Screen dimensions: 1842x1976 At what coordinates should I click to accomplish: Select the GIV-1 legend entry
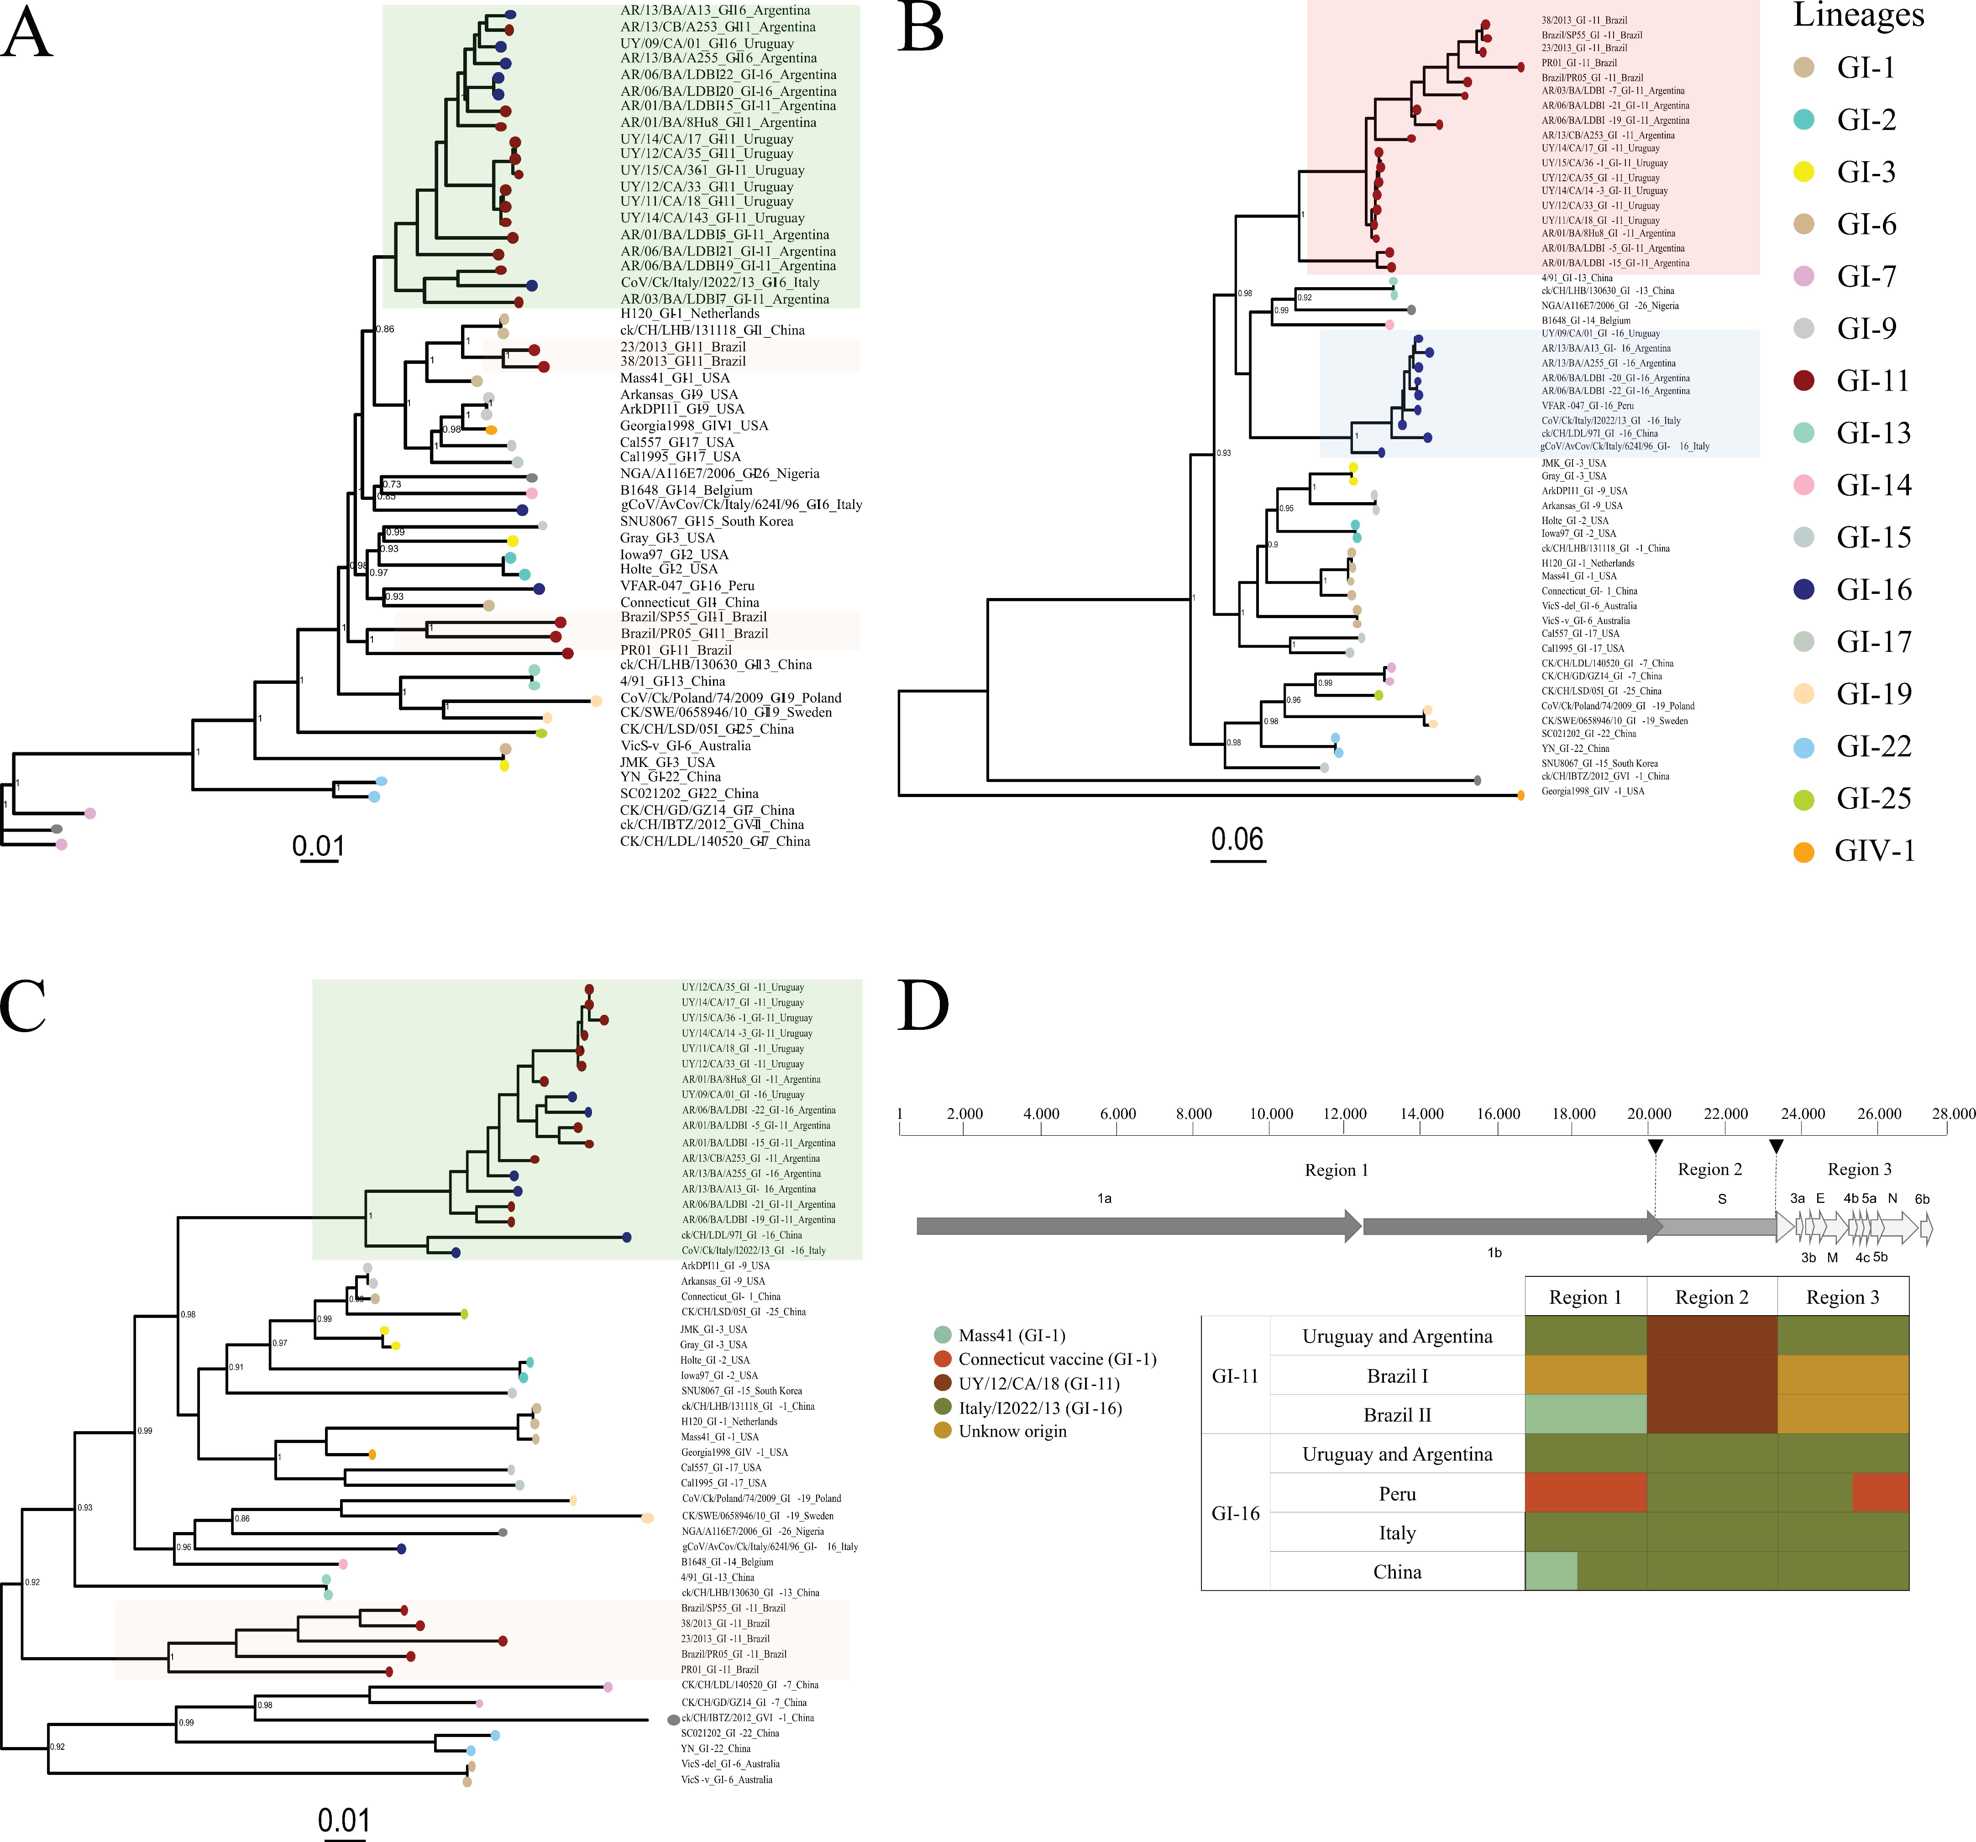coord(1874,851)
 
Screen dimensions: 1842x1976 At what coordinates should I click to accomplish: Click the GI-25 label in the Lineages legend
coord(1874,798)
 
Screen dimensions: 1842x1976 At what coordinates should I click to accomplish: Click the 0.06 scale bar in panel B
coord(1237,859)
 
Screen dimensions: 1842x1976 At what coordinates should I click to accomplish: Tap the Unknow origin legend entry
coord(1012,1432)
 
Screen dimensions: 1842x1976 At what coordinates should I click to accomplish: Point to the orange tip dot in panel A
coord(491,430)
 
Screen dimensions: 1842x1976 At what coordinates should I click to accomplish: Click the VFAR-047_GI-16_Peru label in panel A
coord(687,586)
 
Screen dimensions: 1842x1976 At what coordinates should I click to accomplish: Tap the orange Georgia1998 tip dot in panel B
coord(1521,795)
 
